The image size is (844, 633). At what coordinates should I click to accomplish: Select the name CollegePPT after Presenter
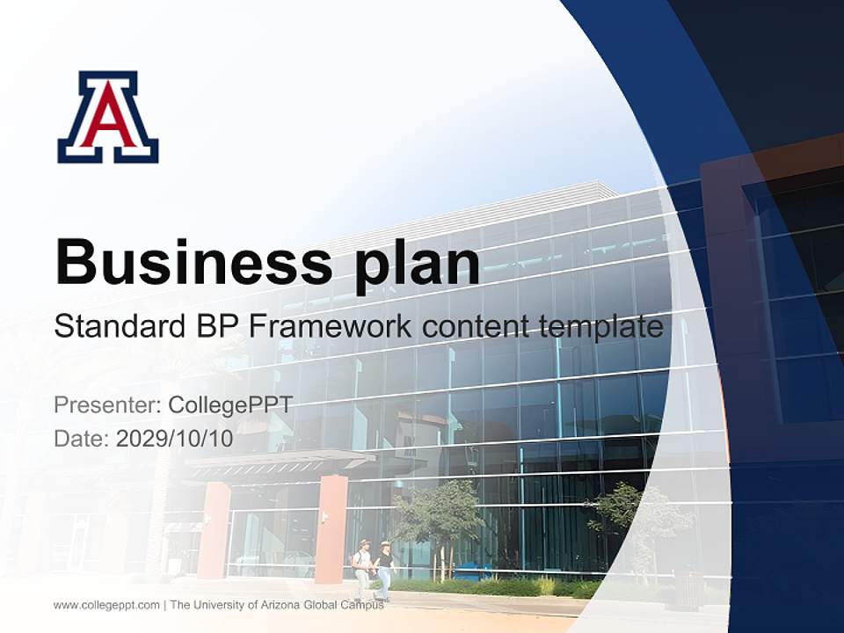coord(230,405)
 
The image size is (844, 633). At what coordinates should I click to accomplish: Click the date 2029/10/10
coord(175,439)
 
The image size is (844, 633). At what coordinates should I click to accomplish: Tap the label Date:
coord(82,439)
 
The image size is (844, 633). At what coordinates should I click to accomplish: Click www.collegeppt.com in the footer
coord(106,605)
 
